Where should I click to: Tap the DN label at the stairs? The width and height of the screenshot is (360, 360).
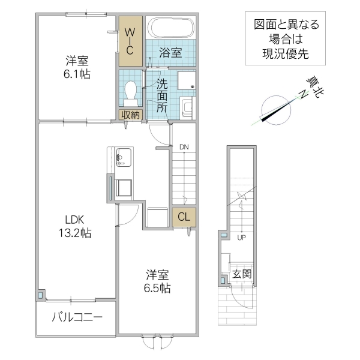184,146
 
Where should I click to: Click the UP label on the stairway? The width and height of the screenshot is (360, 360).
242,237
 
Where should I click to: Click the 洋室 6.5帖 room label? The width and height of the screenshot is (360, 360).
158,281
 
